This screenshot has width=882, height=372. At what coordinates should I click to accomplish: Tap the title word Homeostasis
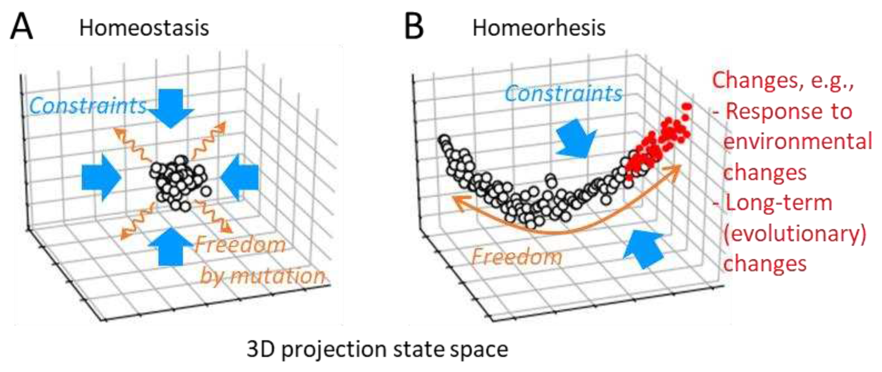[x=144, y=27]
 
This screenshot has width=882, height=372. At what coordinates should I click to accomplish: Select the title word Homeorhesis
[x=539, y=27]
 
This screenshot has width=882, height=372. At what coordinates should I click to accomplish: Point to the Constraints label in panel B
[x=563, y=93]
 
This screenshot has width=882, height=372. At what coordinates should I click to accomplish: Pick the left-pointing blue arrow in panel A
[x=240, y=177]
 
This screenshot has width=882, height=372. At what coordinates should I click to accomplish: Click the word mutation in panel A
[x=277, y=276]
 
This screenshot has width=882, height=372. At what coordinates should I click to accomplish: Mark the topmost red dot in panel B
[x=687, y=107]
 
